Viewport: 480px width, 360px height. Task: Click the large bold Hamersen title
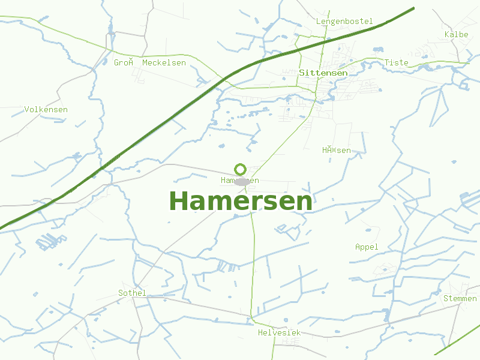241,202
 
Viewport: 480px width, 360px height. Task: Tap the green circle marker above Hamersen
241,169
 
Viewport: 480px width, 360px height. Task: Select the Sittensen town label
323,73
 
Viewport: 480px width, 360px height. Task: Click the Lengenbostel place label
344,22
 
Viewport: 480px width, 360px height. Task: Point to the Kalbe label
456,35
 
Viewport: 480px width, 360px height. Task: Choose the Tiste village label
396,62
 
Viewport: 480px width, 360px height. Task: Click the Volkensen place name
46,110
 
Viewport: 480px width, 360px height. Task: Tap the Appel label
367,247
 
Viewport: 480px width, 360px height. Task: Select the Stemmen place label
460,299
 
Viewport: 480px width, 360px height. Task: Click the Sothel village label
132,293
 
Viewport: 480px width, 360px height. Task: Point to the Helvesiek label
279,332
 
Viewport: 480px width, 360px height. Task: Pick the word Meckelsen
164,63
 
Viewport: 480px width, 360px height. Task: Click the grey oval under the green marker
242,182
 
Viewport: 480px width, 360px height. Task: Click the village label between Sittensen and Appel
336,150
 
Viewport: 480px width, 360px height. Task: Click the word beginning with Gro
123,62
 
